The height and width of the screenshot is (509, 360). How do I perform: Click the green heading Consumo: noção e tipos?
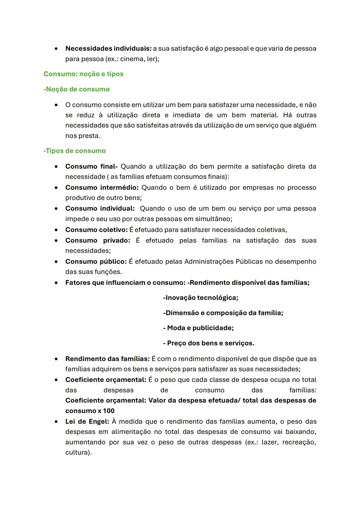click(x=83, y=74)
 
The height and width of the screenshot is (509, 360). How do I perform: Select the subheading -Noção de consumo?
click(x=76, y=89)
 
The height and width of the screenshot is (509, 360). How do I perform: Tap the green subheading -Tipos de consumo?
click(x=74, y=151)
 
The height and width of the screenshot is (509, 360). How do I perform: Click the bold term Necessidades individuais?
click(x=109, y=49)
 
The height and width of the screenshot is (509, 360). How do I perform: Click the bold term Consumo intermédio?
click(x=102, y=188)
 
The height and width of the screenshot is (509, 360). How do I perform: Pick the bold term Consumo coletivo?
click(x=96, y=230)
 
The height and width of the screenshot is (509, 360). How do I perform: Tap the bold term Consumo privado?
click(x=97, y=241)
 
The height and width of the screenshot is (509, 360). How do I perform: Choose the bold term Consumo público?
click(x=96, y=262)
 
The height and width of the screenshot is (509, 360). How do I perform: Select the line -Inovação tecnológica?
click(x=201, y=298)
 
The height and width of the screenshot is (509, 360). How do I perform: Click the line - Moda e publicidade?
click(x=198, y=328)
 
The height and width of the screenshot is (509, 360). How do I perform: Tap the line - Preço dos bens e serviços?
click(x=209, y=343)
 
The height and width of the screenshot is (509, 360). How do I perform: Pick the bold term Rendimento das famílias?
click(x=107, y=359)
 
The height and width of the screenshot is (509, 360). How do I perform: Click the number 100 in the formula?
click(x=109, y=411)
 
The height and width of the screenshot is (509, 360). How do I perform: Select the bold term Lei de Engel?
click(x=87, y=422)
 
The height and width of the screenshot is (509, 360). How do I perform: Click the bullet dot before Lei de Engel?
click(x=57, y=422)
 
